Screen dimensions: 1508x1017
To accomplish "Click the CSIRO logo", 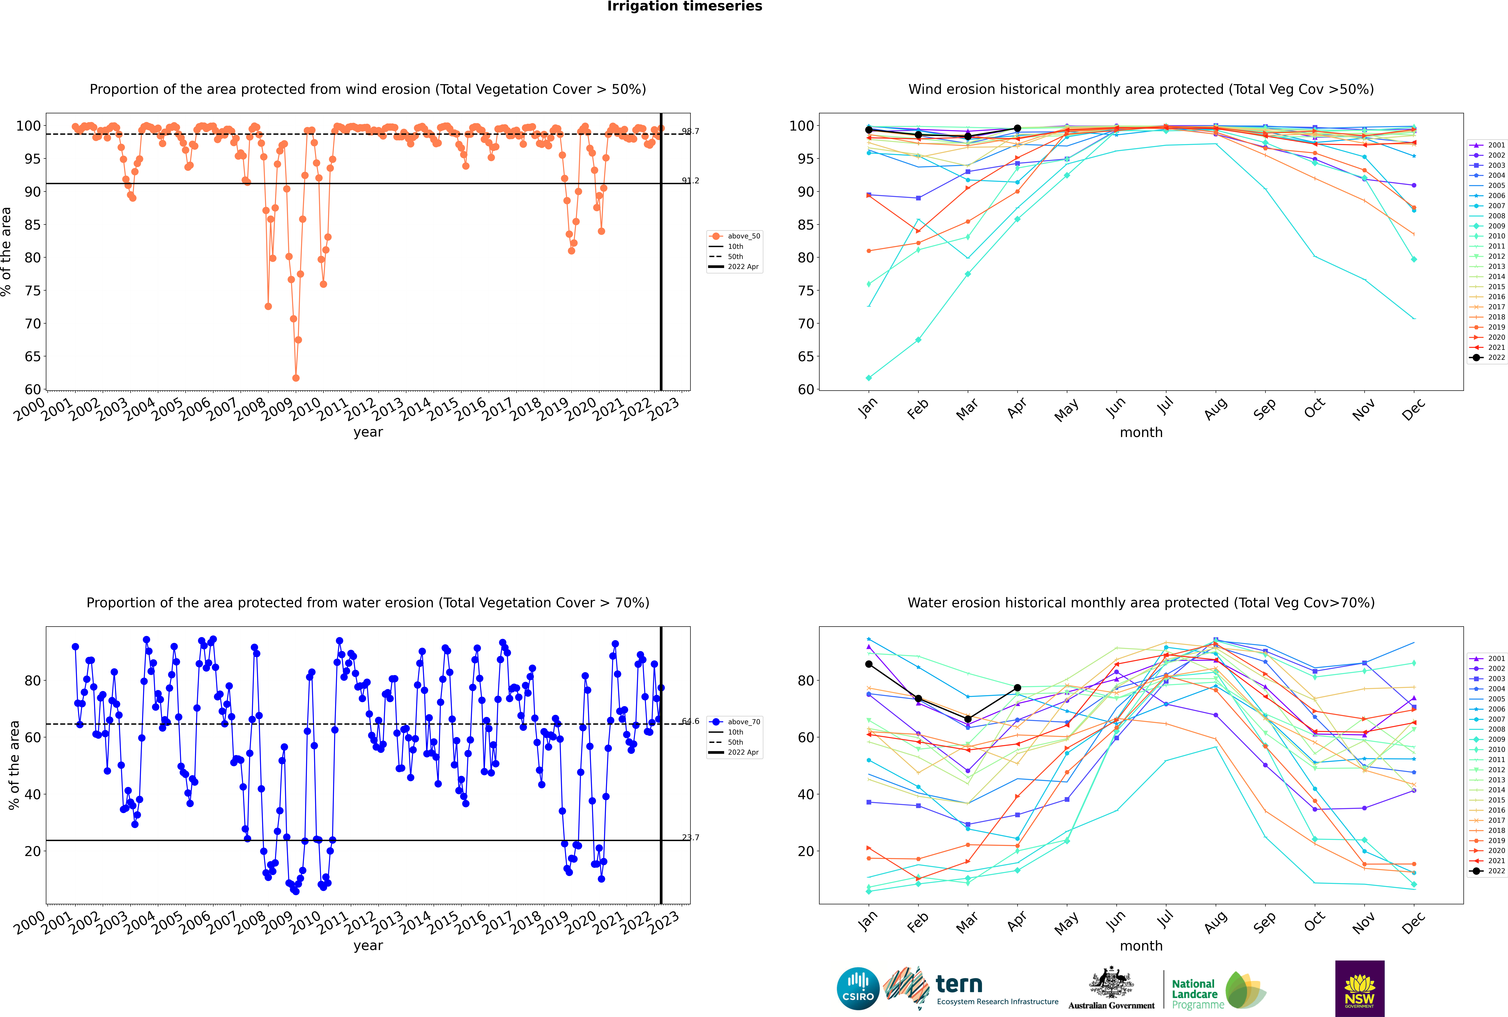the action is [x=858, y=989].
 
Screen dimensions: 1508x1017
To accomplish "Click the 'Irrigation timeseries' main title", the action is [x=685, y=6].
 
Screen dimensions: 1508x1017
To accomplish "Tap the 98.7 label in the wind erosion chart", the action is [x=691, y=131].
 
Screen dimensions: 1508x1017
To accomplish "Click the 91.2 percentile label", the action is [x=691, y=180].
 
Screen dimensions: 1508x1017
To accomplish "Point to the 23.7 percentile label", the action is [x=691, y=837].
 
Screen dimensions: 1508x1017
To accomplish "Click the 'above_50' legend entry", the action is [x=735, y=236].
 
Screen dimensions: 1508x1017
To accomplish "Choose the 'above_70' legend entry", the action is [x=735, y=722].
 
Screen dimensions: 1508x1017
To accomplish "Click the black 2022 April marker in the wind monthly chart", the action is [x=1017, y=128].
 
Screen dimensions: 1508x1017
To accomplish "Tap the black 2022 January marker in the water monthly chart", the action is [x=869, y=664].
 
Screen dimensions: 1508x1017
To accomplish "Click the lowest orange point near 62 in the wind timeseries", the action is [x=296, y=378].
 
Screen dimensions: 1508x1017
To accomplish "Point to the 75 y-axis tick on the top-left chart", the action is [x=33, y=291].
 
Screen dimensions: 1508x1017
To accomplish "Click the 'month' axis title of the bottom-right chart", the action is [x=1141, y=946].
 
